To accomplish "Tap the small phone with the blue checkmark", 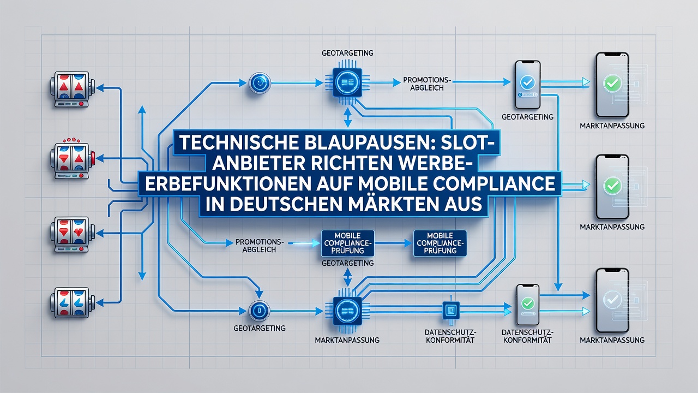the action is click(527, 85).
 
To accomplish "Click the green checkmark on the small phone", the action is click(527, 303).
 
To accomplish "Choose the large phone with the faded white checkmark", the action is click(612, 301).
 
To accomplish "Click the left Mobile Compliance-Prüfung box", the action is click(347, 243).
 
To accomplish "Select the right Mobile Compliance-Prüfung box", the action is click(440, 243).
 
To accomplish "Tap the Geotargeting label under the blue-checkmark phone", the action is click(527, 117).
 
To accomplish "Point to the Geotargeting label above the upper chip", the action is click(347, 53).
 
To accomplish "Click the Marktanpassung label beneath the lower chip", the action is click(347, 340).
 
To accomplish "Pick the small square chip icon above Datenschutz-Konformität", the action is click(451, 310).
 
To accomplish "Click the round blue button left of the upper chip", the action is click(260, 83).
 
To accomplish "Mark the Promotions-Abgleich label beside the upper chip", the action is click(427, 84).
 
